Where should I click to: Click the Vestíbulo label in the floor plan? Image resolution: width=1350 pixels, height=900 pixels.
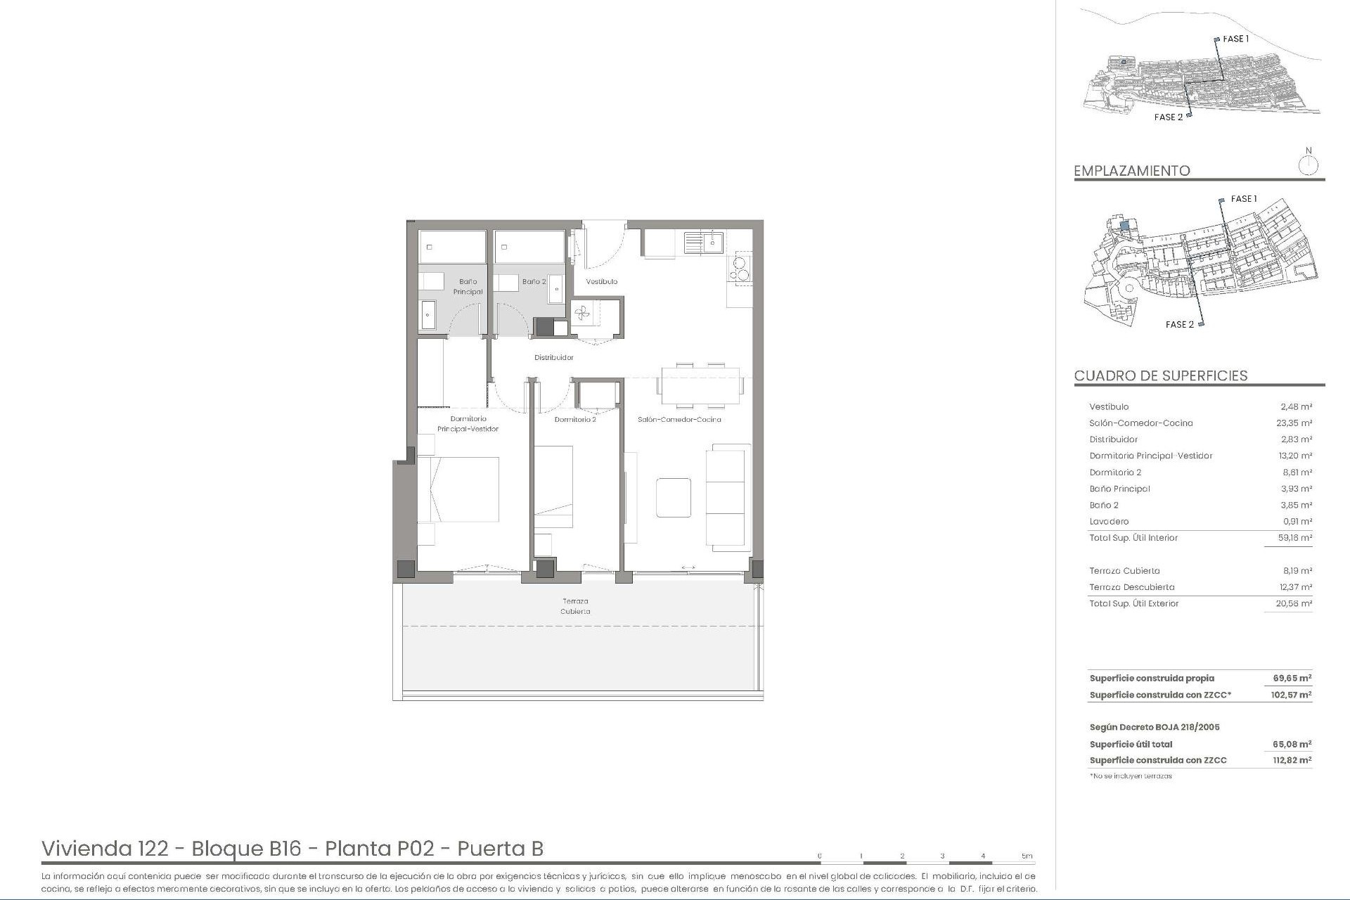pos(602,281)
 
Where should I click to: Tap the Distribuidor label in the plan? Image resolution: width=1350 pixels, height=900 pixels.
pos(554,357)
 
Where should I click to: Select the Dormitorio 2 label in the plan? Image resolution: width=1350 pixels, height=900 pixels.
pos(575,420)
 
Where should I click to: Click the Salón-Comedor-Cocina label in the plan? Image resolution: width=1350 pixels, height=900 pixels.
pos(679,420)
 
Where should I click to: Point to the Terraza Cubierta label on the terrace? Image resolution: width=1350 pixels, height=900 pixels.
pos(575,606)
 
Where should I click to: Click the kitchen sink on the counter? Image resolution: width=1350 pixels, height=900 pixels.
pos(704,243)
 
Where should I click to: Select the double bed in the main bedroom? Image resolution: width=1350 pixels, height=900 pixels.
pos(458,489)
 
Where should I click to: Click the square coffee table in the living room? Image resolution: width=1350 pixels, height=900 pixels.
pos(674,497)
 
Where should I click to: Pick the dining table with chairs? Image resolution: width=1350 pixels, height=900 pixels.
pos(700,385)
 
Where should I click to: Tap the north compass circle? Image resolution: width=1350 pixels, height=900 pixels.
pos(1309,166)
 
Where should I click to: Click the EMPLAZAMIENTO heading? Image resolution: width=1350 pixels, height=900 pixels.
pos(1132,171)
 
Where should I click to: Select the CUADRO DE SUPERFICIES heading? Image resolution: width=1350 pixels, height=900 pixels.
pos(1161,375)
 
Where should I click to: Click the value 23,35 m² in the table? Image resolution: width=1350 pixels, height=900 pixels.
pos(1295,423)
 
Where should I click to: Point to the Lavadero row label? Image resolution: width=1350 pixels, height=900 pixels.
pos(1109,522)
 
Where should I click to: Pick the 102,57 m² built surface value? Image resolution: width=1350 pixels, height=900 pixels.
pos(1292,695)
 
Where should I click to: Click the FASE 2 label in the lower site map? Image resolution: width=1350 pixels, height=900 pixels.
pos(1180,324)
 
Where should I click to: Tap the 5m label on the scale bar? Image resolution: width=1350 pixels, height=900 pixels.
pos(1027,856)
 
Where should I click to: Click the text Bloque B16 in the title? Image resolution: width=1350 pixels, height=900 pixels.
pos(246,849)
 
